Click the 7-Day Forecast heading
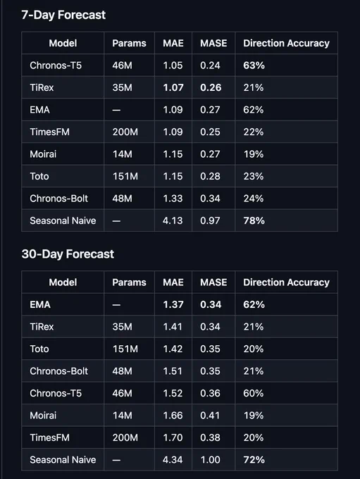pos(63,15)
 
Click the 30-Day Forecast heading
pos(68,254)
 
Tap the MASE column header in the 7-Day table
pos(213,43)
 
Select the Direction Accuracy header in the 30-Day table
pos(286,282)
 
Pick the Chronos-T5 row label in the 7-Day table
pos(56,66)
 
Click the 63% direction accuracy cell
pos(254,66)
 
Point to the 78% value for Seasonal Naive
pos(254,220)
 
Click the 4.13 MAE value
pos(173,220)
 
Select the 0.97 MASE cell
pos(210,220)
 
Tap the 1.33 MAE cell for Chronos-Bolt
pos(173,198)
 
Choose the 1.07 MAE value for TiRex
pos(173,87)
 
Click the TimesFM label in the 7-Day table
pos(49,132)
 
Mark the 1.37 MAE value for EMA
pos(173,304)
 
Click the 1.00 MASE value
pos(210,460)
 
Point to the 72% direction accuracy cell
pos(254,460)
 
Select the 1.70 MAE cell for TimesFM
pos(173,437)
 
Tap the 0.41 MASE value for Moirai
pos(210,416)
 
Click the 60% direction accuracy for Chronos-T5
pos(254,393)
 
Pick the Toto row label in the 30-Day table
pos(39,349)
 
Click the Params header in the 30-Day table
pos(129,282)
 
